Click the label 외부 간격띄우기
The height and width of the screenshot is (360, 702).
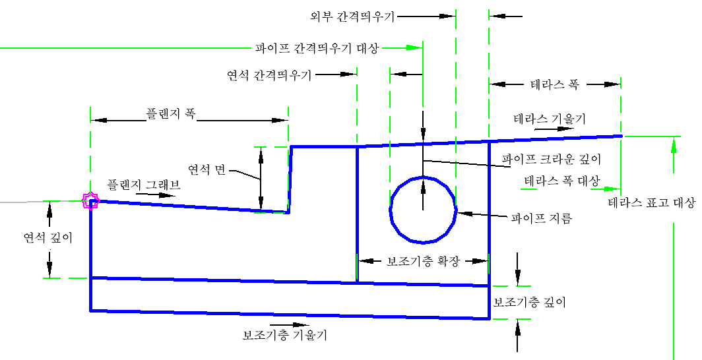click(x=352, y=16)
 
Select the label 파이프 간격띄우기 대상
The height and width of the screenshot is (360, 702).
click(x=317, y=48)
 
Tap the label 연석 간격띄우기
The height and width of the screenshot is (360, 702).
click(x=269, y=75)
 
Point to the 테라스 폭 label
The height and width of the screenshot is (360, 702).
click(x=554, y=84)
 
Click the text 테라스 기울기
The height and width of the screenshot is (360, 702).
click(x=550, y=119)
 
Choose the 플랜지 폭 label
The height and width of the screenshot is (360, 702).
click(x=171, y=113)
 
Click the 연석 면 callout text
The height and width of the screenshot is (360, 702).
click(x=207, y=169)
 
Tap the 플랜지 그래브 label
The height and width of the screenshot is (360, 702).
click(x=144, y=184)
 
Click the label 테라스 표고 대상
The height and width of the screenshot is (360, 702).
click(x=652, y=202)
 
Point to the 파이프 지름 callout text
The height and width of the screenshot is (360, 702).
click(x=542, y=219)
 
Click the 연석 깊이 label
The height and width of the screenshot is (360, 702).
click(x=48, y=237)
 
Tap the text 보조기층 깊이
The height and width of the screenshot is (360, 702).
click(x=530, y=303)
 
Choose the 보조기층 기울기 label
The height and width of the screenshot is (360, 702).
click(x=285, y=335)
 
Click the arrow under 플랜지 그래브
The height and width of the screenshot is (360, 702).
click(x=156, y=195)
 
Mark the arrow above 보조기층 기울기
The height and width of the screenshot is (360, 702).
click(x=289, y=324)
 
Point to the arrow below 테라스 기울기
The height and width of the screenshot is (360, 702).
click(x=554, y=129)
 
